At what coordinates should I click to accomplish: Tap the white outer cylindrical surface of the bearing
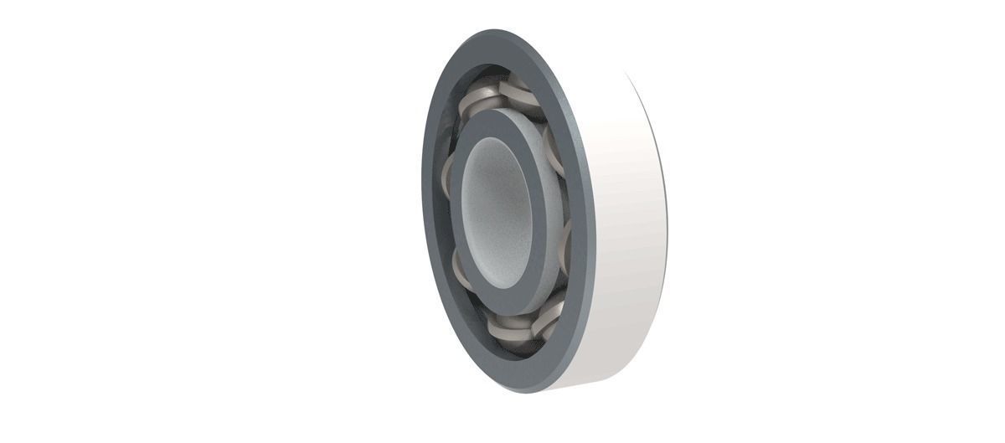tap(628, 218)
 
